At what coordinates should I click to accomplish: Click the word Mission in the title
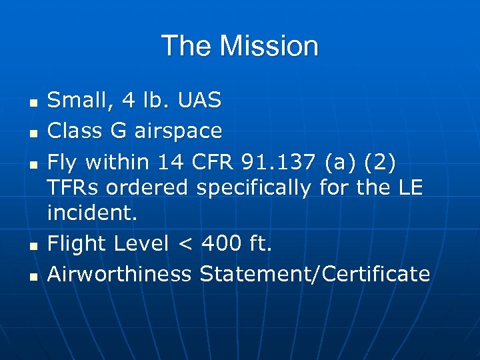tap(269, 46)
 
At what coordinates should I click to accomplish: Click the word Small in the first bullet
tap(74, 101)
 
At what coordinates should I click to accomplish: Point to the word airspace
tap(178, 131)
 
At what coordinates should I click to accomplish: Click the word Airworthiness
tap(119, 274)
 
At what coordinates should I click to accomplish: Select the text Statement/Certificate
tap(315, 274)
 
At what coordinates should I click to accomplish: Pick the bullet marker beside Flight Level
tap(33, 247)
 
